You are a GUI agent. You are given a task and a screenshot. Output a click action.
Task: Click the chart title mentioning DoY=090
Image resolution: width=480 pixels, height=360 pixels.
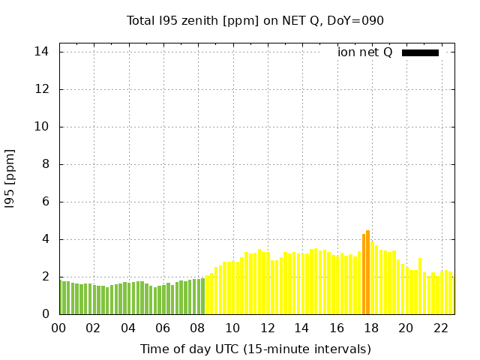tap(255, 20)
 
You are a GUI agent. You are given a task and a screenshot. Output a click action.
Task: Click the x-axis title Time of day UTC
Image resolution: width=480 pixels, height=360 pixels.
tap(255, 349)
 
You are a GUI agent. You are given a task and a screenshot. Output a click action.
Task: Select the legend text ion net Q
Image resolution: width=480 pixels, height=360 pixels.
tap(364, 52)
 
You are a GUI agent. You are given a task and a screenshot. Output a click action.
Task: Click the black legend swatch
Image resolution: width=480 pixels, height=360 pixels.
tap(420, 52)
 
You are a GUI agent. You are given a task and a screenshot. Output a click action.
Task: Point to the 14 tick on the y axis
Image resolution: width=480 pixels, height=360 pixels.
tap(42, 52)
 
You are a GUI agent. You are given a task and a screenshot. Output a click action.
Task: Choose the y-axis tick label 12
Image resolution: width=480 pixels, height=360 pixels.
tap(42, 89)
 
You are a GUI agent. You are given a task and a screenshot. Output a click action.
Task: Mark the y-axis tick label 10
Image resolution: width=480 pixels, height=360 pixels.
tap(42, 127)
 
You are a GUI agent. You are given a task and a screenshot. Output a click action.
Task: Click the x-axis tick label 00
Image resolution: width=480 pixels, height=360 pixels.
tap(59, 328)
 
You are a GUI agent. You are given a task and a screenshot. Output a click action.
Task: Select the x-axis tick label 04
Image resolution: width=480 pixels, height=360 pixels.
tap(128, 328)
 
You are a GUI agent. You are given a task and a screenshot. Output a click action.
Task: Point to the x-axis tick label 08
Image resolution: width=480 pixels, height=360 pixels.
tap(198, 328)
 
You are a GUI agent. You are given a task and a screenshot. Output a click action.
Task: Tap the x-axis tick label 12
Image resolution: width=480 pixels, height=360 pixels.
tap(267, 328)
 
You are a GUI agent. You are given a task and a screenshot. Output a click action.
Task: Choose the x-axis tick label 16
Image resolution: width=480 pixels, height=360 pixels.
tap(336, 328)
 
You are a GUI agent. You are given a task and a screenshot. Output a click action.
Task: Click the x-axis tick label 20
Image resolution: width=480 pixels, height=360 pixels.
tap(406, 328)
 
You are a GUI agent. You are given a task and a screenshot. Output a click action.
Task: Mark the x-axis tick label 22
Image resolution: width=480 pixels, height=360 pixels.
tap(440, 328)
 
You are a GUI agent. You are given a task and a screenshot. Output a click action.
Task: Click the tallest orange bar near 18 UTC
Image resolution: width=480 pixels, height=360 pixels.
tap(367, 274)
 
